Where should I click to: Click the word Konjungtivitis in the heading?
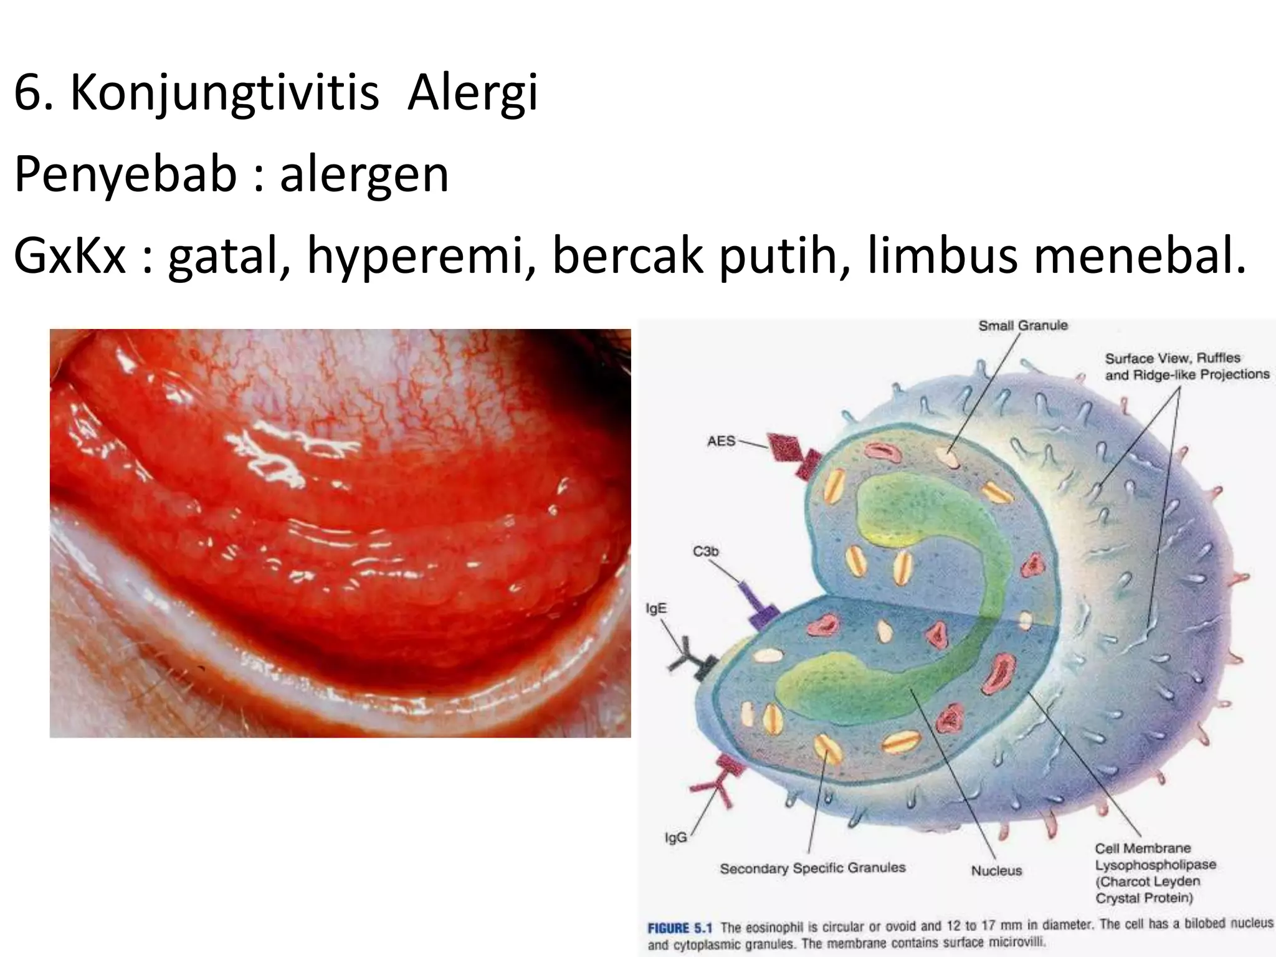click(x=224, y=93)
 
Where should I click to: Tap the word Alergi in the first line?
click(x=472, y=93)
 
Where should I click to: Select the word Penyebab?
click(x=125, y=175)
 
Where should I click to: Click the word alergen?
click(x=364, y=175)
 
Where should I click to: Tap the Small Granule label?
click(x=1022, y=326)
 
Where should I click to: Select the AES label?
click(x=721, y=441)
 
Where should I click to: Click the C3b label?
click(x=705, y=551)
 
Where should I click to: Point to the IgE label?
click(x=655, y=608)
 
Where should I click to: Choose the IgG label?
click(x=676, y=837)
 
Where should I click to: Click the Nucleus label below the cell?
click(x=996, y=870)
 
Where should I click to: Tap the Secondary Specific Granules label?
click(x=812, y=868)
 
